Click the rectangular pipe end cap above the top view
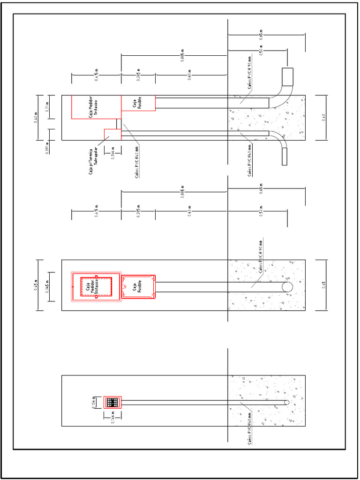pyautogui.click(x=287, y=75)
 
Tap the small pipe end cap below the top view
pyautogui.click(x=284, y=156)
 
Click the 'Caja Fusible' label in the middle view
pyautogui.click(x=137, y=287)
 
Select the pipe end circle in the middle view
pyautogui.click(x=286, y=287)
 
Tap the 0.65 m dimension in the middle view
pyautogui.click(x=261, y=190)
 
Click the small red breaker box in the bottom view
pyautogui.click(x=112, y=402)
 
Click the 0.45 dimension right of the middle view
pyautogui.click(x=323, y=285)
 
